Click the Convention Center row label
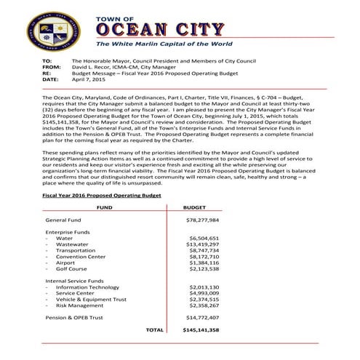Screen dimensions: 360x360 81,258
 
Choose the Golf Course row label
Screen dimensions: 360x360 72,272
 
